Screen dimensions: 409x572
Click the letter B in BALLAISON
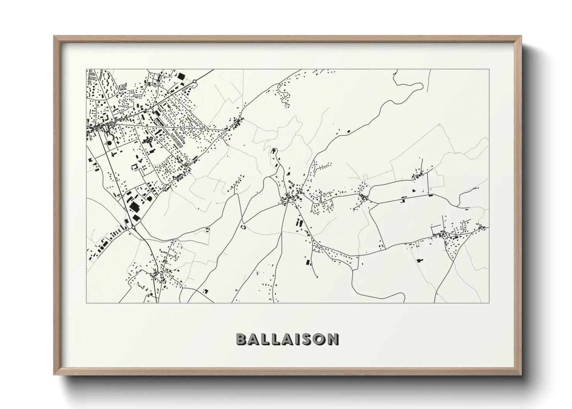click(241, 339)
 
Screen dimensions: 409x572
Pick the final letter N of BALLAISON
click(332, 339)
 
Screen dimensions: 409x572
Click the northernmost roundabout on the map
click(195, 81)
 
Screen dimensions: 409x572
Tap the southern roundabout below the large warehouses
click(133, 227)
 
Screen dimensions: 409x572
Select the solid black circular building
click(109, 143)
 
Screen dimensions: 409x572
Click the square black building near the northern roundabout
click(181, 76)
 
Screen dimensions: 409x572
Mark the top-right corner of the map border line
click(489, 69)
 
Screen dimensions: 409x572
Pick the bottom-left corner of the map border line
click(87, 303)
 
